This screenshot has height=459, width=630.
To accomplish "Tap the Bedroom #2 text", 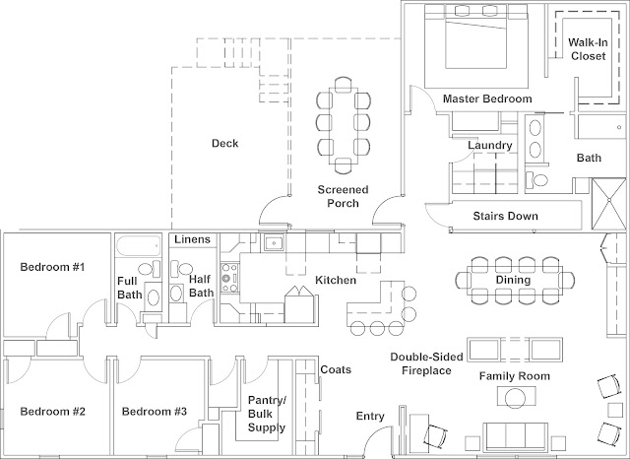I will pos(54,411).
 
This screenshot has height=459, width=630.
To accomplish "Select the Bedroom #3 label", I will pos(156,411).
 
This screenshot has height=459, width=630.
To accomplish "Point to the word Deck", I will pos(225,144).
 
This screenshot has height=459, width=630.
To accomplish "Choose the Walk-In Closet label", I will pos(588,49).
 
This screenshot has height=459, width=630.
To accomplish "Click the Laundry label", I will pos(489,146).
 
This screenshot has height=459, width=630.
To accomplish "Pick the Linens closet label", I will pos(190,239).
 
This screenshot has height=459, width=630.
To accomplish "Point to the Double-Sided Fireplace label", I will pos(420,363).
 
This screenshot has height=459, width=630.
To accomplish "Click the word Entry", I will pos(370,417).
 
